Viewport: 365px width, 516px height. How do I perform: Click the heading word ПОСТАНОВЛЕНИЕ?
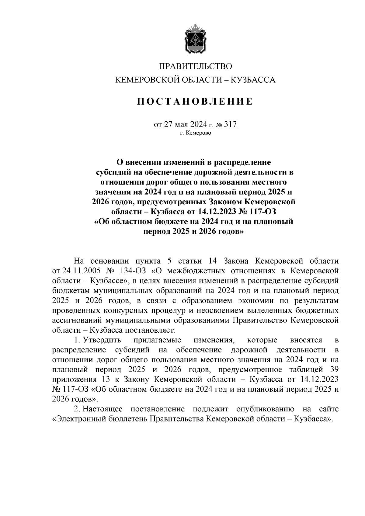tap(195, 102)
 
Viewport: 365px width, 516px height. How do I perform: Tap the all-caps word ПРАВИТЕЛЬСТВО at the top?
tap(196, 66)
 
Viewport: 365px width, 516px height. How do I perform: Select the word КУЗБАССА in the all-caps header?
tap(253, 80)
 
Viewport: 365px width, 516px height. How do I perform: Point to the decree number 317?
tap(230, 125)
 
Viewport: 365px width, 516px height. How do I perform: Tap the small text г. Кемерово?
tap(195, 133)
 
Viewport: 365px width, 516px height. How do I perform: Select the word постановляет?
tap(150, 330)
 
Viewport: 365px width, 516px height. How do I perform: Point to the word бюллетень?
tap(128, 419)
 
